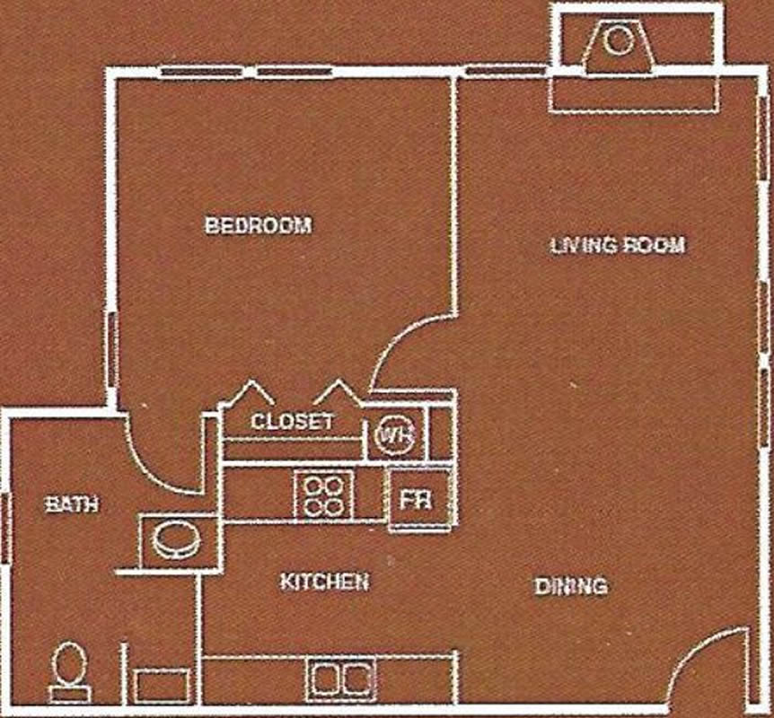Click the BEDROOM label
pos(259,225)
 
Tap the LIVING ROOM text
pos(618,245)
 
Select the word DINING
pos(571,586)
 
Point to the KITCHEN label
pos(324,582)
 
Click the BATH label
pos(72,504)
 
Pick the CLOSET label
pos(292,422)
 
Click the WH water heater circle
pos(395,435)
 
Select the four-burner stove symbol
pos(323,495)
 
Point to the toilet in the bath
pos(70,671)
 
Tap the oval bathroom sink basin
pos(176,540)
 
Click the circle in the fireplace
pos(618,41)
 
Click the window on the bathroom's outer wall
pos(4,529)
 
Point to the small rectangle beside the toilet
pos(162,686)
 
